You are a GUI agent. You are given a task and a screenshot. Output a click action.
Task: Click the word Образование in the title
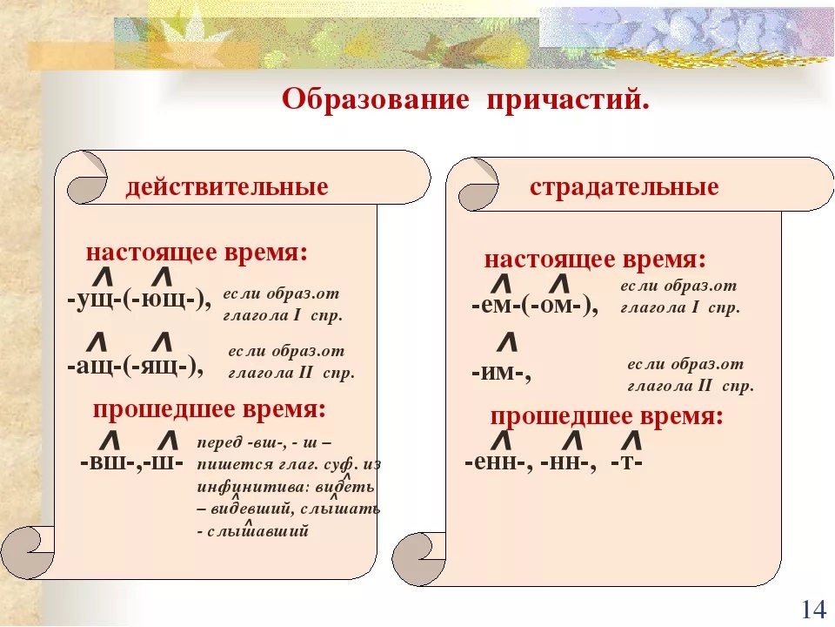pyautogui.click(x=376, y=99)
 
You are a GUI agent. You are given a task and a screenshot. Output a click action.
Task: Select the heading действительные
pyautogui.click(x=227, y=187)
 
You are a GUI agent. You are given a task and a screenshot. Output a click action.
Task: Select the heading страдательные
pyautogui.click(x=625, y=187)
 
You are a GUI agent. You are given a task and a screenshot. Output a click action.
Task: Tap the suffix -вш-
pyautogui.click(x=110, y=462)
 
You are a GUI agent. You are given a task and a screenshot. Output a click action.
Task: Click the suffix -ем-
pyautogui.click(x=497, y=306)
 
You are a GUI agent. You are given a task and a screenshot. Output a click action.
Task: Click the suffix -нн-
pyautogui.click(x=565, y=462)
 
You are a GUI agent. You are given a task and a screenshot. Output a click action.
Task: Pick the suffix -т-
pyautogui.click(x=627, y=462)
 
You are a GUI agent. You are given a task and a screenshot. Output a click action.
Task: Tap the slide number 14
pyautogui.click(x=813, y=609)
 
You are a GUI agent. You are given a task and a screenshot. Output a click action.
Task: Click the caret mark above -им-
pyautogui.click(x=507, y=341)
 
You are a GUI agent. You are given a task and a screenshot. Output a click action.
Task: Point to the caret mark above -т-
pyautogui.click(x=631, y=441)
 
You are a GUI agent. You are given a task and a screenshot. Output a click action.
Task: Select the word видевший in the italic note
pyautogui.click(x=250, y=508)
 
